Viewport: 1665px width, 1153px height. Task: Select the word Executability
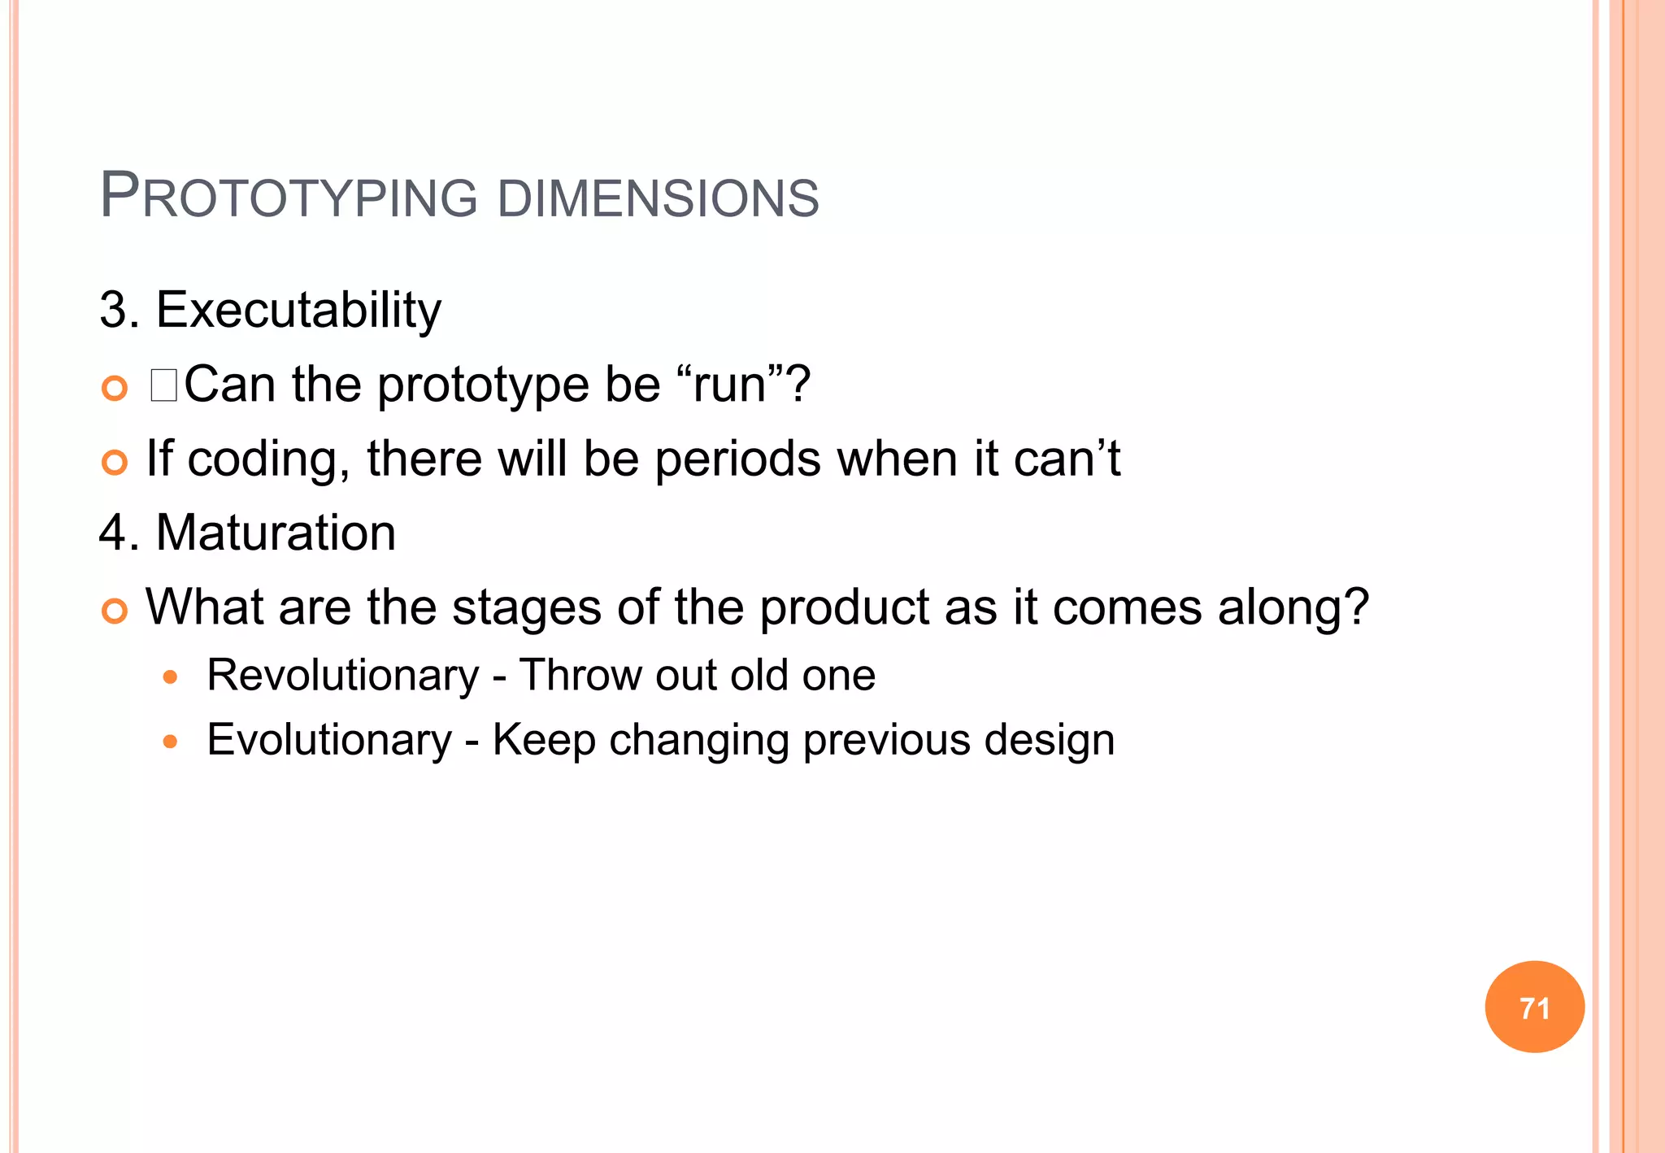(x=298, y=310)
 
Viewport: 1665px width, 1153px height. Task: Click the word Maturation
(x=276, y=533)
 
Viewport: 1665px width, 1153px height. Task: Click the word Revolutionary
(x=343, y=676)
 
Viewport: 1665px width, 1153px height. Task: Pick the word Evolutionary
(x=329, y=740)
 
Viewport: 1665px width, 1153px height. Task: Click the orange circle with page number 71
(x=1534, y=1007)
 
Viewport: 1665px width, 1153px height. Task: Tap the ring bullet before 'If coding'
(x=115, y=463)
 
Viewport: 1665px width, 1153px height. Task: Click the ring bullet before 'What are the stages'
(x=115, y=611)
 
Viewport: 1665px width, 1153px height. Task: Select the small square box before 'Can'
(x=163, y=385)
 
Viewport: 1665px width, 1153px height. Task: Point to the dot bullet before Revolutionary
(x=170, y=677)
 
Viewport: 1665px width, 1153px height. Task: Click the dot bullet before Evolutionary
(x=170, y=741)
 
